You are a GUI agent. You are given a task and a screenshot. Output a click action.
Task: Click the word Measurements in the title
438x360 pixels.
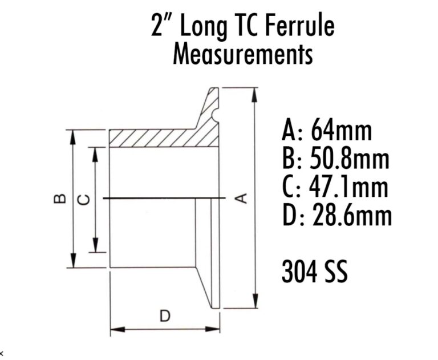pos(243,55)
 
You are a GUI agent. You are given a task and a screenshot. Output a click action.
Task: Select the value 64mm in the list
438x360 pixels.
pos(341,131)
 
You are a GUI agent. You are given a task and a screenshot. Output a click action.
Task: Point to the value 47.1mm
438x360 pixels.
pos(350,188)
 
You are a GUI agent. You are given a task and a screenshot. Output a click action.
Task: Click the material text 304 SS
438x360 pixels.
pos(315,272)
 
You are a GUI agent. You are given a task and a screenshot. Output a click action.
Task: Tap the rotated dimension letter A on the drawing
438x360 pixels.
pos(241,198)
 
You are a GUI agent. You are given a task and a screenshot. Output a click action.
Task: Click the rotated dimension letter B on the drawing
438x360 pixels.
pos(59,199)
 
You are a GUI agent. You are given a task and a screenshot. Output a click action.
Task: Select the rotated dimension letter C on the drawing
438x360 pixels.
pos(83,199)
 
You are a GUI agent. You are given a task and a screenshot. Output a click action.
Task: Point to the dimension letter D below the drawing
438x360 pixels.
pos(164,315)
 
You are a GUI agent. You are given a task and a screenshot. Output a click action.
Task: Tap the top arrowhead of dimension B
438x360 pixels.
pos(72,134)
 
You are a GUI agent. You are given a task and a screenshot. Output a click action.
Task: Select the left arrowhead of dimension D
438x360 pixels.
pos(114,329)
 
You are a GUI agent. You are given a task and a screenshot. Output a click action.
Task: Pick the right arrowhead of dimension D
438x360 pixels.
pos(216,329)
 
